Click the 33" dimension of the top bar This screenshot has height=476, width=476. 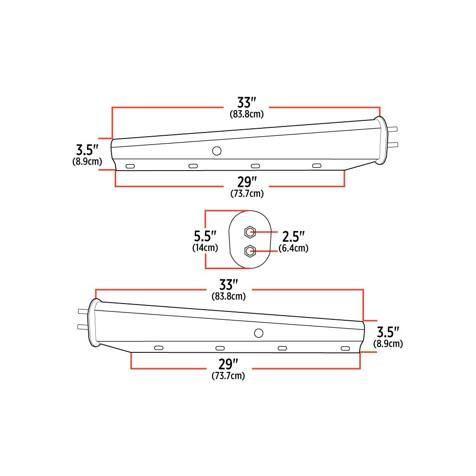pyautogui.click(x=247, y=102)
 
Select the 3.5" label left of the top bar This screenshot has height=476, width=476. pyautogui.click(x=87, y=150)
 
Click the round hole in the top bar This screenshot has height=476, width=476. pyautogui.click(x=216, y=151)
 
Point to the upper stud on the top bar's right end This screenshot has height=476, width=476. pyautogui.click(x=393, y=130)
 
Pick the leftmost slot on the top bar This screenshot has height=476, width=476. pyautogui.click(x=130, y=166)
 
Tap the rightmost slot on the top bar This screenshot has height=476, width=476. pyautogui.click(x=317, y=166)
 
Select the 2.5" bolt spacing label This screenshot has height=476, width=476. pyautogui.click(x=293, y=236)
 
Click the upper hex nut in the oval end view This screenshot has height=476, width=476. pyautogui.click(x=250, y=231)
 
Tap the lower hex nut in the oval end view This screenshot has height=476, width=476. pyautogui.click(x=250, y=251)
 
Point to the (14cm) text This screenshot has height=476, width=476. pyautogui.click(x=205, y=248)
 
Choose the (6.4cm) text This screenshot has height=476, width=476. pyautogui.click(x=293, y=248)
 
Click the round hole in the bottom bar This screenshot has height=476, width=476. pyautogui.click(x=258, y=333)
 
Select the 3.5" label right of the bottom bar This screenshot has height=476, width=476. pyautogui.click(x=388, y=332)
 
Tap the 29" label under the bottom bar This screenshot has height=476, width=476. pyautogui.click(x=228, y=363)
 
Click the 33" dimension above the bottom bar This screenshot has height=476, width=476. pyautogui.click(x=228, y=284)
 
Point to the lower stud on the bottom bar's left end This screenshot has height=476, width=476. pyautogui.click(x=82, y=327)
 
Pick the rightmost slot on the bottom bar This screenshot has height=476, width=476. pyautogui.click(x=345, y=348)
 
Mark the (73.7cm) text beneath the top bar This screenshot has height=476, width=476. pyautogui.click(x=247, y=194)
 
